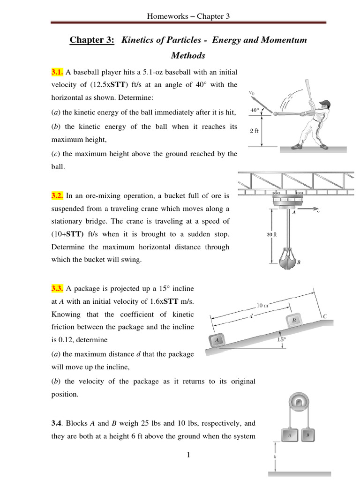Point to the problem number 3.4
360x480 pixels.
[x=57, y=423]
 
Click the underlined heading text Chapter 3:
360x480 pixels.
[x=92, y=40]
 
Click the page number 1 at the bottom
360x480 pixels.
[x=187, y=455]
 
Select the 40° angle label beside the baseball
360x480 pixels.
[x=255, y=110]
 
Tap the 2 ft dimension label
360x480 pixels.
[x=254, y=131]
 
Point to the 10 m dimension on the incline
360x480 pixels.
[x=262, y=306]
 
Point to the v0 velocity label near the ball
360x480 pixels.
[x=252, y=93]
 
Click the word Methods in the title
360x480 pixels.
[x=188, y=56]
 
